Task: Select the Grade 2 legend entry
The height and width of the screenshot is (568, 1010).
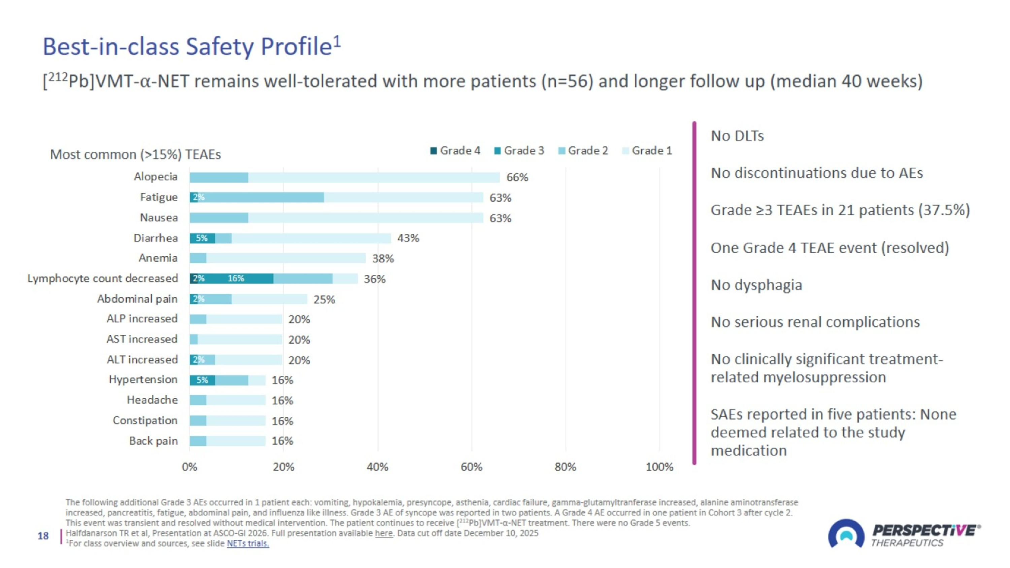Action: [583, 151]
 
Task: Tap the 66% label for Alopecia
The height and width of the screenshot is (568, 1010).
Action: [517, 177]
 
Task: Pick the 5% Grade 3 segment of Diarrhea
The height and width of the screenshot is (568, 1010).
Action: [202, 238]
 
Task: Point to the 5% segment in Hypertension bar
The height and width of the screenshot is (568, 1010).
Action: [202, 380]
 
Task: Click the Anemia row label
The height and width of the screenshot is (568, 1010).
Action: [158, 258]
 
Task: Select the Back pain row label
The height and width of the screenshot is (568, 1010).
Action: [153, 441]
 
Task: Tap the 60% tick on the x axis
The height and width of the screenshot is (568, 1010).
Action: [471, 467]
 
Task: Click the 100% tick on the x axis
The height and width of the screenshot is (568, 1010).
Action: [660, 467]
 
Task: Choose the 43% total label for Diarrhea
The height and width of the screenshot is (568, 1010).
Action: [408, 238]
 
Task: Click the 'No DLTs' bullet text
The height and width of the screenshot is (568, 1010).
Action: [737, 136]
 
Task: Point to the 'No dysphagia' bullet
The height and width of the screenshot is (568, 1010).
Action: [756, 285]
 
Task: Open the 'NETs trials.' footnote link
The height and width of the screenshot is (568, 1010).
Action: [248, 543]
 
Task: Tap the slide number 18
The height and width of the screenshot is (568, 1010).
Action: [43, 536]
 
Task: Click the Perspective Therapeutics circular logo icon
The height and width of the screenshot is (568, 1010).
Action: [846, 534]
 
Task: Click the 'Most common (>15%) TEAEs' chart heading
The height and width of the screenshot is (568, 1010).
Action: [135, 155]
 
